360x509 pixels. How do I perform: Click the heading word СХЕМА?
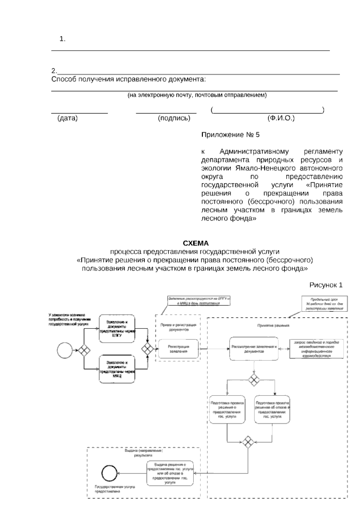(x=196, y=243)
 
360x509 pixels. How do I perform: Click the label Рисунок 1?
(x=326, y=285)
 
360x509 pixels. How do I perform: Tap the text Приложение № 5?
(x=230, y=135)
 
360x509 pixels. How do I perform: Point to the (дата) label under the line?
(x=67, y=118)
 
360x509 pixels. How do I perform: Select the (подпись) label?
(x=174, y=118)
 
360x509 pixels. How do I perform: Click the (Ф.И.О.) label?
(x=281, y=118)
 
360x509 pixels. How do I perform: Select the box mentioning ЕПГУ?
(x=117, y=329)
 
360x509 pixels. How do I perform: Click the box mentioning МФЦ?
(x=117, y=369)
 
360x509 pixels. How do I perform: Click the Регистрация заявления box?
(x=178, y=349)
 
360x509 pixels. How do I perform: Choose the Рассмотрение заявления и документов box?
(x=254, y=349)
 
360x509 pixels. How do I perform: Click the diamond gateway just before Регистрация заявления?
(x=147, y=349)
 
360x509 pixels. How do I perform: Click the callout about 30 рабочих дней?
(x=324, y=304)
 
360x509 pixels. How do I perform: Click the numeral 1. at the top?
(x=62, y=39)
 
